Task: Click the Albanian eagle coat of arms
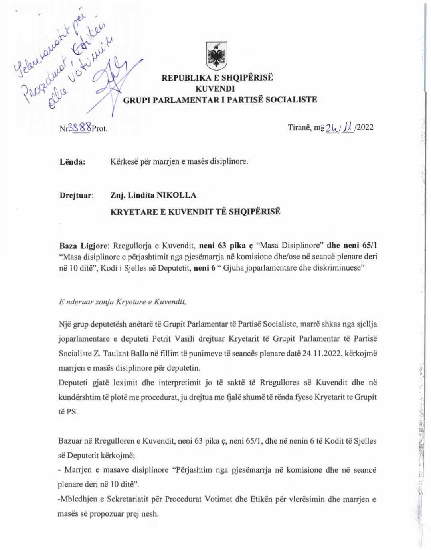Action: [x=216, y=56]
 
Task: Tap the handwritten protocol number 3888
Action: [x=80, y=127]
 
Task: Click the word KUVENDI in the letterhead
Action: [x=215, y=88]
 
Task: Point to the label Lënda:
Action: [x=72, y=162]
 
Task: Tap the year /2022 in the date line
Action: [x=364, y=127]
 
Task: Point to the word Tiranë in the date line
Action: [x=299, y=128]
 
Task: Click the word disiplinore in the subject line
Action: [x=229, y=161]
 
